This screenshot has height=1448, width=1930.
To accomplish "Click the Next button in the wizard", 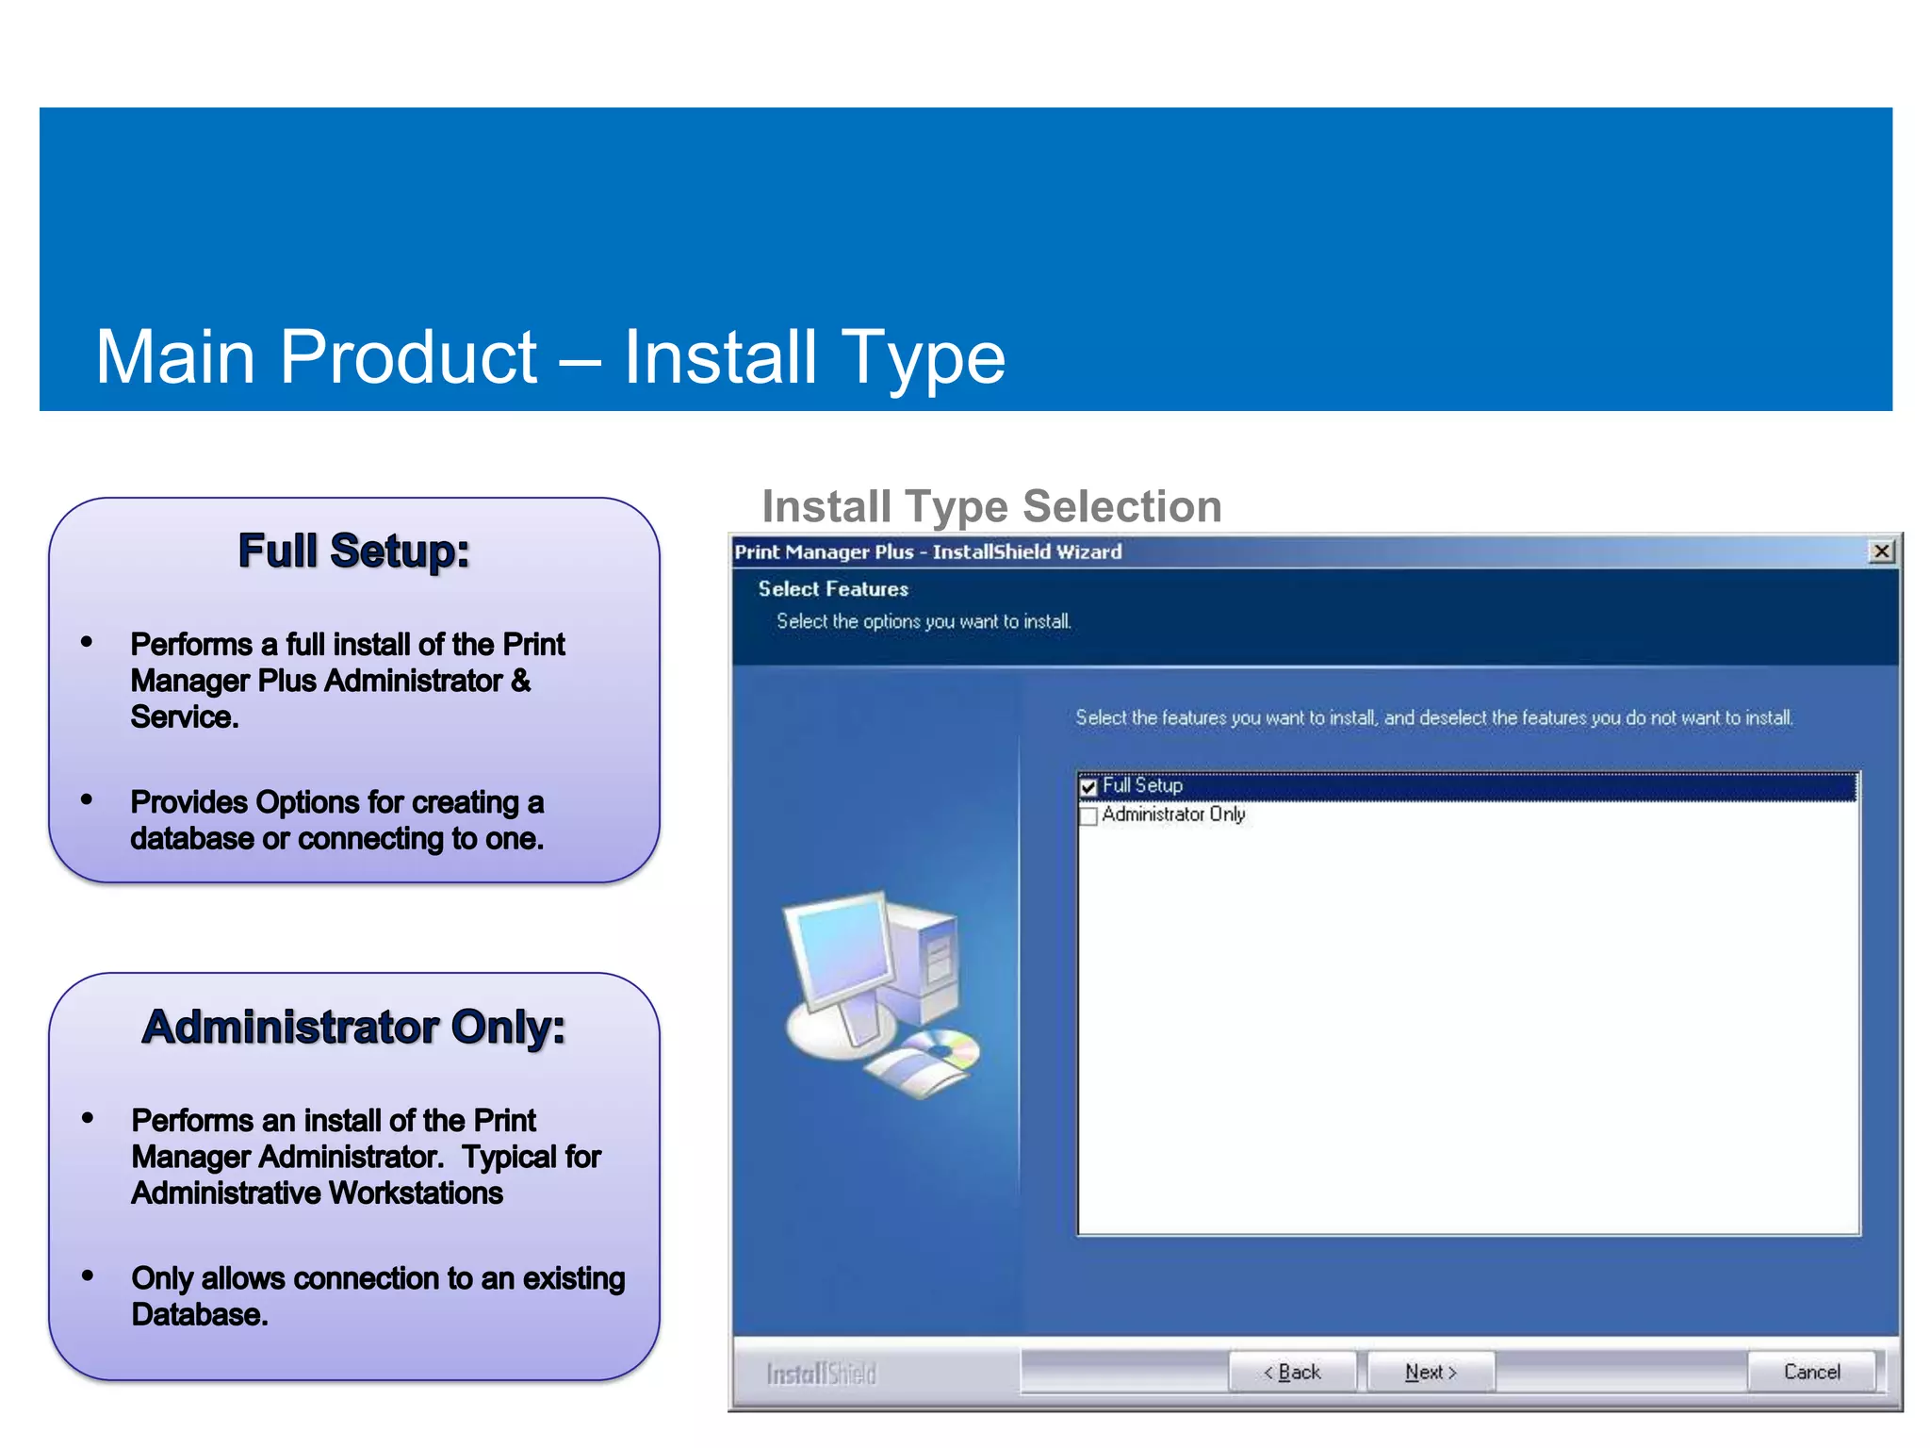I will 1430,1372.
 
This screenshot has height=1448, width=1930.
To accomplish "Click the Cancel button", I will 1811,1372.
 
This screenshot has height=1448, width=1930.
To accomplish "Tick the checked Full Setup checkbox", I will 1089,786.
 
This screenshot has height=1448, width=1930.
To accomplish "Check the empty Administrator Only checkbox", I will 1089,815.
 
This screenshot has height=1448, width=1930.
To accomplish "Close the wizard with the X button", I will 1881,551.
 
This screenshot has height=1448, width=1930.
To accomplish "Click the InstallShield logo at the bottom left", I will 821,1374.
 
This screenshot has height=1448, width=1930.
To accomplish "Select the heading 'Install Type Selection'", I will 991,506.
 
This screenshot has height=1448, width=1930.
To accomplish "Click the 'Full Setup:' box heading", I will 353,551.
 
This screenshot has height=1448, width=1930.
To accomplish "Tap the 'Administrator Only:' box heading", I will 353,1027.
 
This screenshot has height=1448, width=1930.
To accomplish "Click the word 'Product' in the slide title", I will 408,357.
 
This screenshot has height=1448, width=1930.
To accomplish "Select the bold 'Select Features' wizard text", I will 833,589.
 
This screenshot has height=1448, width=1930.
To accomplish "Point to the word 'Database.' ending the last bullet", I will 200,1314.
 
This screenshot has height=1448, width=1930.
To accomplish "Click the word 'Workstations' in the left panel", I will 417,1193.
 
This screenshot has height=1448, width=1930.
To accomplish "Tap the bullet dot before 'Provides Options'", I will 87,799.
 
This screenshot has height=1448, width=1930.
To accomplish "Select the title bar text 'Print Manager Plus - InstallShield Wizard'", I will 928,552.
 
